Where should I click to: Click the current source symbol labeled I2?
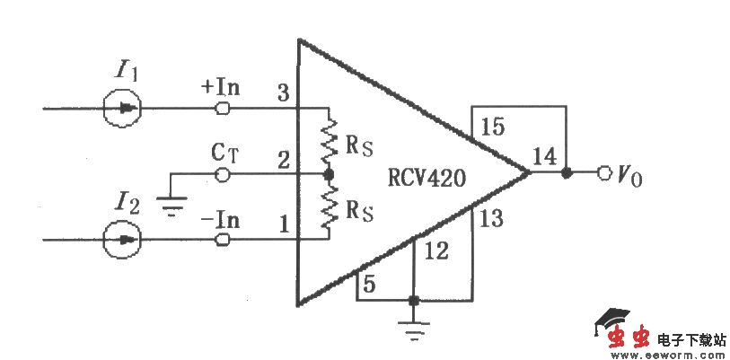click(x=121, y=239)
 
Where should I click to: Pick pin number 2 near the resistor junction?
click(x=283, y=160)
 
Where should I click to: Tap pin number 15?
click(x=492, y=127)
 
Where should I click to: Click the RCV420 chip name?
click(x=427, y=178)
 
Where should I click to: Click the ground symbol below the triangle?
click(x=413, y=334)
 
